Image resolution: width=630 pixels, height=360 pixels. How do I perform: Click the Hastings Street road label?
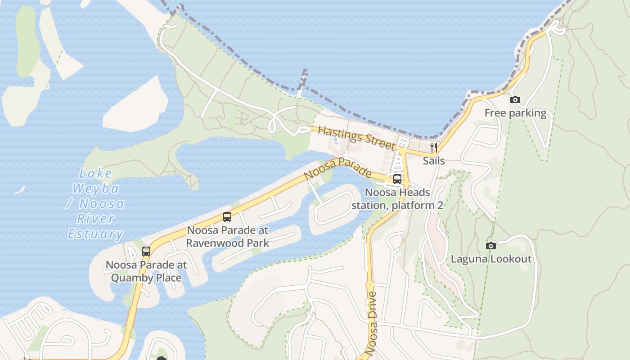pyautogui.click(x=357, y=138)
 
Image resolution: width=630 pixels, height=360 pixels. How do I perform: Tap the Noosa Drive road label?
pyautogui.click(x=372, y=324)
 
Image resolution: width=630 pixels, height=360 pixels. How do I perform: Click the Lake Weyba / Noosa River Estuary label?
pyautogui.click(x=96, y=203)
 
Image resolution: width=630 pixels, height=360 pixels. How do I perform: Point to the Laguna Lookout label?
pyautogui.click(x=491, y=259)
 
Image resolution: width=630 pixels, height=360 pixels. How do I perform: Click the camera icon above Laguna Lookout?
pyautogui.click(x=491, y=246)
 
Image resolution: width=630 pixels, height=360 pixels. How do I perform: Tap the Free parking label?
pyautogui.click(x=515, y=113)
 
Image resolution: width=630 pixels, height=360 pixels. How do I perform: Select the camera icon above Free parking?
pyautogui.click(x=515, y=100)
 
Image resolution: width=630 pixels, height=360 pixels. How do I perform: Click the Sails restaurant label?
pyautogui.click(x=434, y=161)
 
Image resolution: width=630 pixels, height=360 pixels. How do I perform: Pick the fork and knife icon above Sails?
pyautogui.click(x=434, y=147)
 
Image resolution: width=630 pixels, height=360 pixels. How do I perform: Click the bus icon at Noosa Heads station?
pyautogui.click(x=397, y=179)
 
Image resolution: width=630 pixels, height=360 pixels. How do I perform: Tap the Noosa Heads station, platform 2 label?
pyautogui.click(x=397, y=199)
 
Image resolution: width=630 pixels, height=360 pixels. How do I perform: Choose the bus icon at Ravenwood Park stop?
pyautogui.click(x=227, y=217)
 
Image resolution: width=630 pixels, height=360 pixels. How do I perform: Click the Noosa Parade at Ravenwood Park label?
pyautogui.click(x=227, y=237)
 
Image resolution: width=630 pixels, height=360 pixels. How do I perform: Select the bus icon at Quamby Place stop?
pyautogui.click(x=146, y=252)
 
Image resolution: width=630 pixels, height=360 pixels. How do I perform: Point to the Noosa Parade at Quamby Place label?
pyautogui.click(x=146, y=271)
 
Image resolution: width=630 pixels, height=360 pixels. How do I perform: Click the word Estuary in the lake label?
pyautogui.click(x=95, y=234)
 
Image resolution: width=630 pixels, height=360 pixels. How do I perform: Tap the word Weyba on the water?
pyautogui.click(x=96, y=188)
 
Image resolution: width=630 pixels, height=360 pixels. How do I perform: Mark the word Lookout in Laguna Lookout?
pyautogui.click(x=511, y=259)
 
